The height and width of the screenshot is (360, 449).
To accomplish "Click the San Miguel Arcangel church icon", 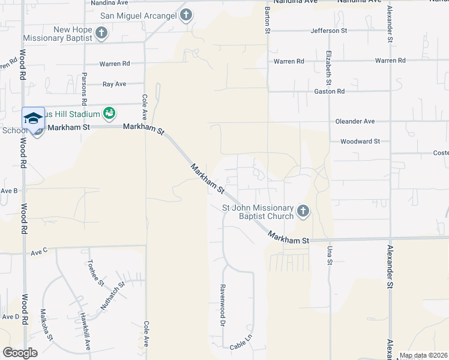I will tap(185, 15).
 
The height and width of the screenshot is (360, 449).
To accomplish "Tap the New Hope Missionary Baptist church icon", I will tap(101, 34).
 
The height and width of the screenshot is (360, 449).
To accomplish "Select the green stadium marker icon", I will tap(109, 112).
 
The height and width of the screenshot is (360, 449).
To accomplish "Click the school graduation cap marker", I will tap(34, 118).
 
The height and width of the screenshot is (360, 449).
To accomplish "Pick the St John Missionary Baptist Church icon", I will tap(303, 211).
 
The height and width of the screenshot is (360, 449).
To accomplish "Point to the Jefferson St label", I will tap(329, 31).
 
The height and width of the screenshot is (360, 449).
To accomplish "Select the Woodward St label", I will tap(360, 142).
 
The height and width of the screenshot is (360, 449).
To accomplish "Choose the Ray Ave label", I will tap(114, 85).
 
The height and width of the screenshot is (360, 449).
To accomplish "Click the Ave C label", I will tap(39, 251).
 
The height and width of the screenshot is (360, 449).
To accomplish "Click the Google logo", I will tap(20, 352).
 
